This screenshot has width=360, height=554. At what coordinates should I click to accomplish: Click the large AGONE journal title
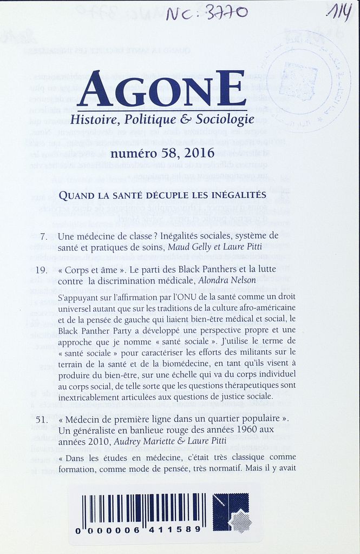point(161,89)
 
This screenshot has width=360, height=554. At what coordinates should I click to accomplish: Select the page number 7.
point(44,236)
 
